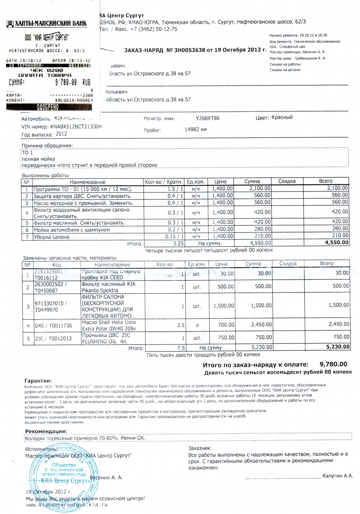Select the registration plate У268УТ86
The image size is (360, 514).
[x=208, y=118]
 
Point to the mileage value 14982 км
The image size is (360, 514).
[x=195, y=130]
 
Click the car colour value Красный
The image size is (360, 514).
[x=282, y=117]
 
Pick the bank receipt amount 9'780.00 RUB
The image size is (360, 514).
[x=73, y=82]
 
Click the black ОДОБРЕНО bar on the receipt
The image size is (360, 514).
[x=49, y=107]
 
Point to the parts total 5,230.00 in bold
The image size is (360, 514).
[x=338, y=347]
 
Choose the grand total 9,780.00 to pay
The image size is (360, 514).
[x=333, y=364]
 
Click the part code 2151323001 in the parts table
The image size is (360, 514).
[x=49, y=271]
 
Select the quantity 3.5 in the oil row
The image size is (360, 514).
[x=181, y=325]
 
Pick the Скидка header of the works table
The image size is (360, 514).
[x=287, y=181]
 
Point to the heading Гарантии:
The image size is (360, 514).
[x=38, y=381]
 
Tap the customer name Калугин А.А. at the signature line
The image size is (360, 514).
[x=337, y=476]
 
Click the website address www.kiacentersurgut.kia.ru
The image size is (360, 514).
[x=67, y=505]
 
